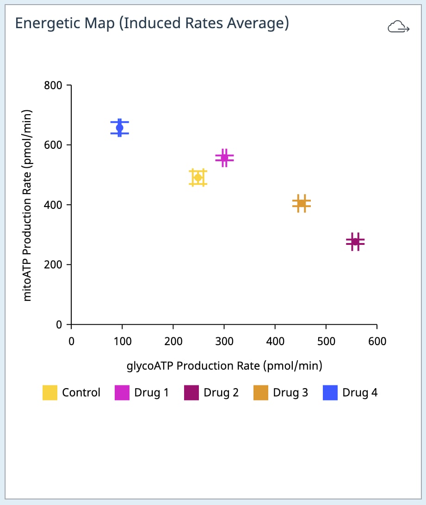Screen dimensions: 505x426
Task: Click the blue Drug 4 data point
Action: tap(119, 128)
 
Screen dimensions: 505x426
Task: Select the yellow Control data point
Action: tap(198, 178)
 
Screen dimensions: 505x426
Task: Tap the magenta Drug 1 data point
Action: tap(224, 158)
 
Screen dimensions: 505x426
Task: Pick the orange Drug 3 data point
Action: tap(301, 203)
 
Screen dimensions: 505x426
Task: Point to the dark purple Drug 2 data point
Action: tap(355, 242)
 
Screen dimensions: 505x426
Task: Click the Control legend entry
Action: tap(72, 393)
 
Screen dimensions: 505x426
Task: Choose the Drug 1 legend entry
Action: tap(142, 393)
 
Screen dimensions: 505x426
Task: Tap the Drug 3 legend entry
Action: tap(281, 393)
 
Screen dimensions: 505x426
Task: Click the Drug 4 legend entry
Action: tap(350, 393)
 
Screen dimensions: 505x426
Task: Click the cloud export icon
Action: tap(398, 28)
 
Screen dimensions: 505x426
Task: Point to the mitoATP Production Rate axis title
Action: tap(28, 205)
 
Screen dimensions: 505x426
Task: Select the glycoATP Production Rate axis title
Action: tap(224, 365)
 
